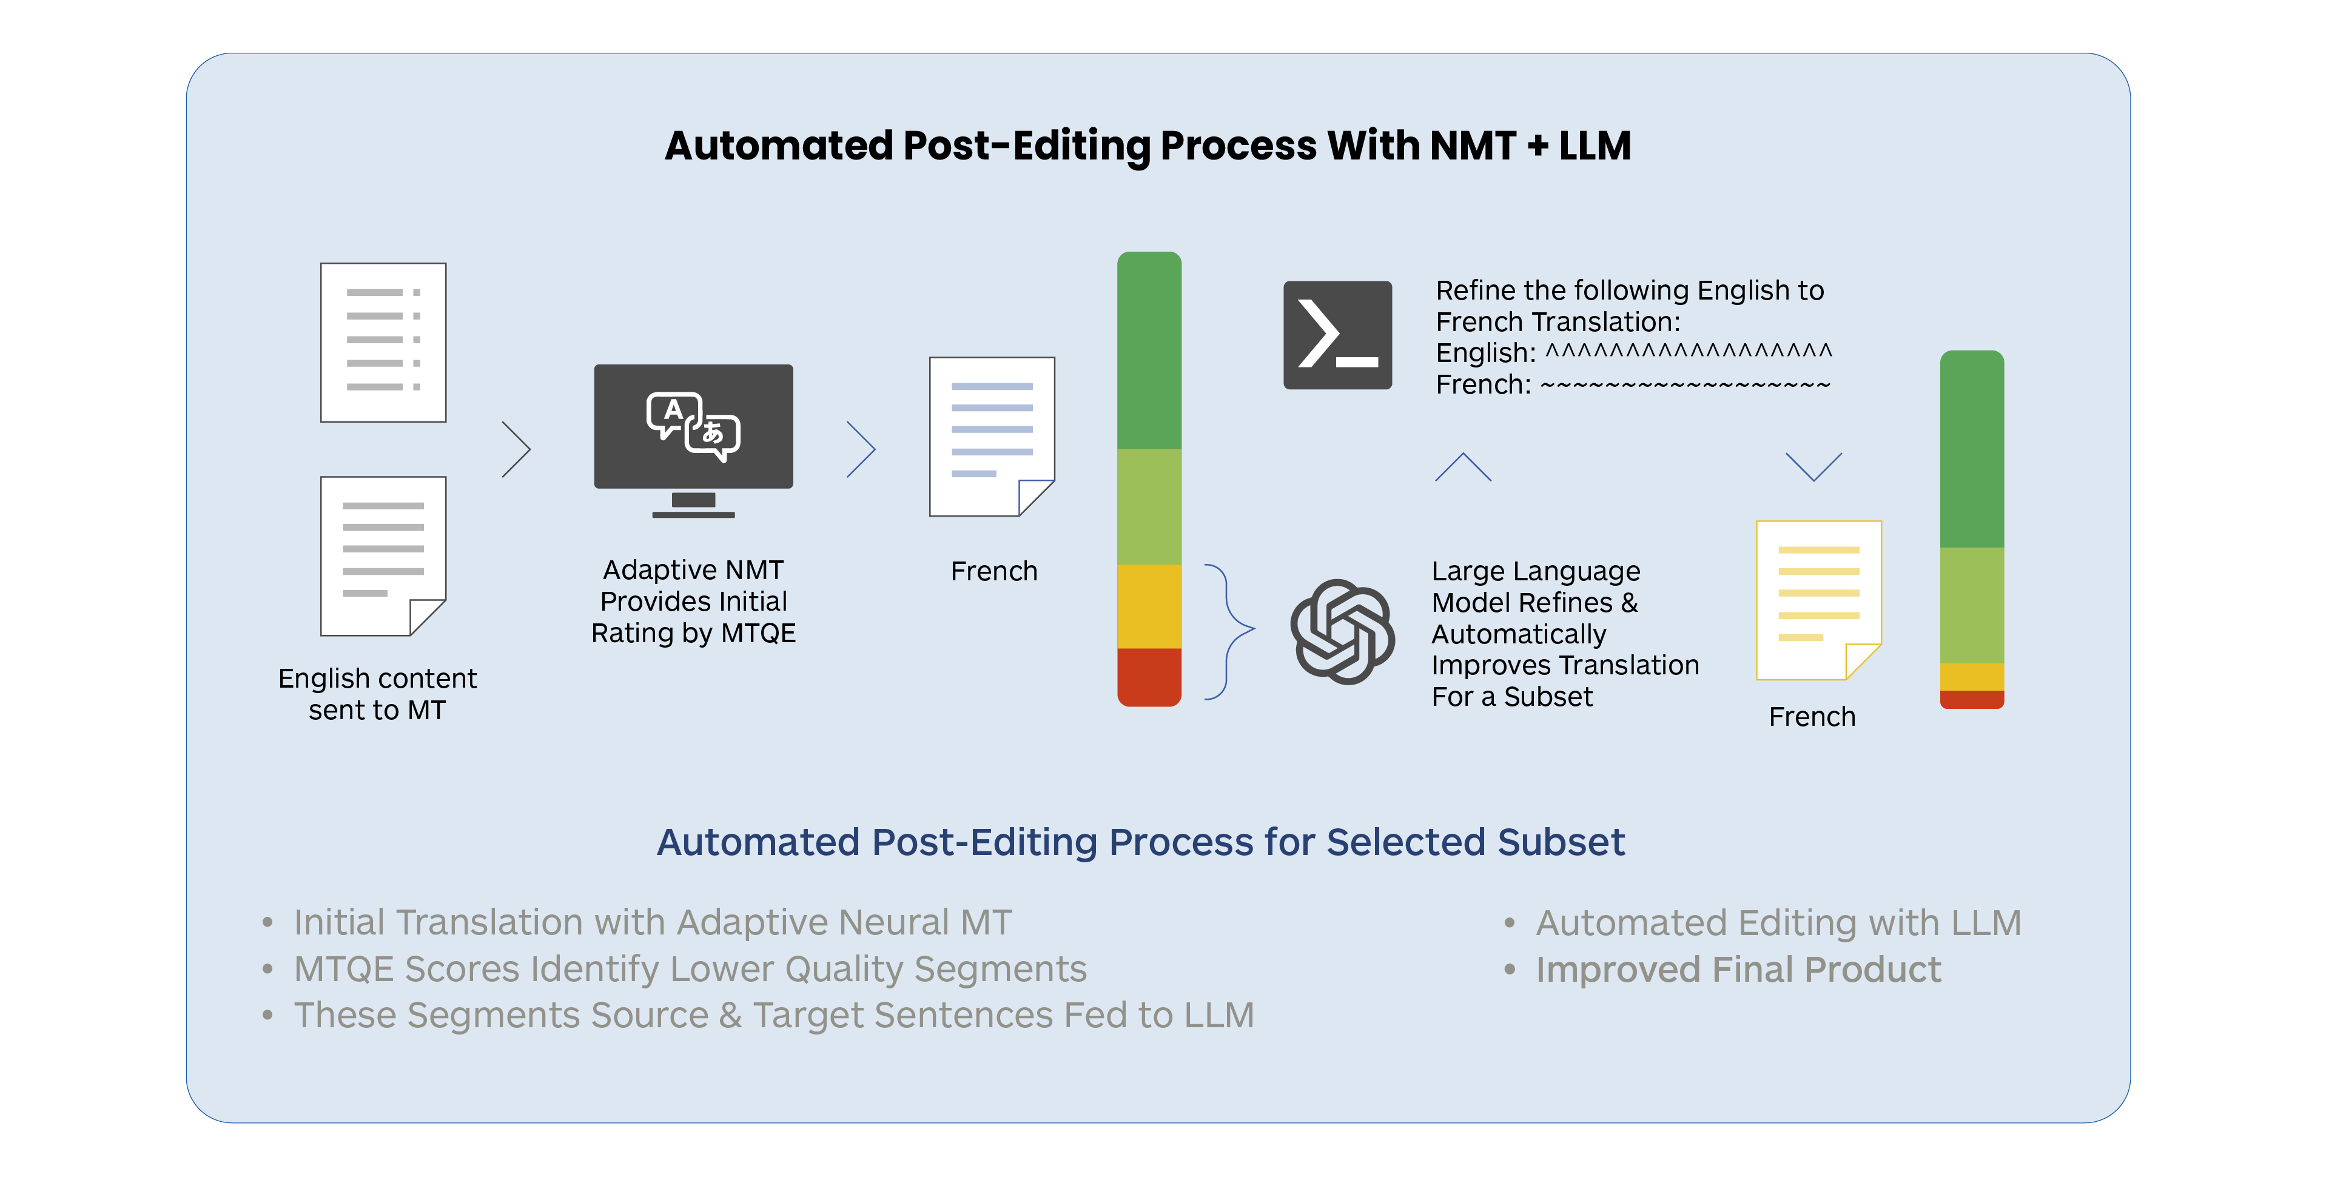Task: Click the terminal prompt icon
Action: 1337,335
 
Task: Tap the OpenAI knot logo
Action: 1342,631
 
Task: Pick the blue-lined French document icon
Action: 992,437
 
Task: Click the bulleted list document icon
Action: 383,343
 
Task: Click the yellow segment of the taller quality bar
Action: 1149,606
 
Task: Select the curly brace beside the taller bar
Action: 1229,631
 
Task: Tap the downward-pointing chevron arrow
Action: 1813,466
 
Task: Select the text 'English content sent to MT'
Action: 377,693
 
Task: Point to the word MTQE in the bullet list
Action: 343,969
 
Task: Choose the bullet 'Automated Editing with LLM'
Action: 1778,923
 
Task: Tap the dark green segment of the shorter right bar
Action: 1972,449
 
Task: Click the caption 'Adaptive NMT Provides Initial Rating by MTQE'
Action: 693,601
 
